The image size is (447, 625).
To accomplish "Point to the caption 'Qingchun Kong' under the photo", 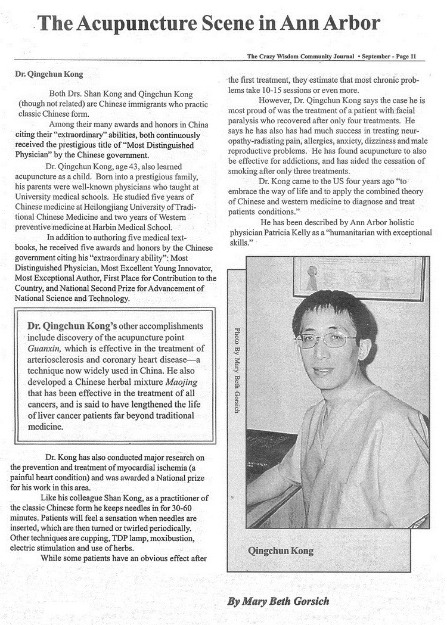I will [280, 551].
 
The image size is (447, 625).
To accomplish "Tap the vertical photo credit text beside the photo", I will [237, 372].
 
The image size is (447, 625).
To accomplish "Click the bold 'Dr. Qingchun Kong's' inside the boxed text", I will [72, 327].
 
